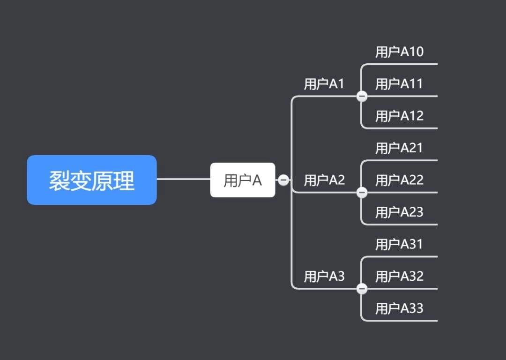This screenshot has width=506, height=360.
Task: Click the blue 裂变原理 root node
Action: coord(91,180)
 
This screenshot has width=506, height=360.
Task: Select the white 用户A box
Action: coord(242,180)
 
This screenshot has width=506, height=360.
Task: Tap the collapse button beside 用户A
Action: coord(283,180)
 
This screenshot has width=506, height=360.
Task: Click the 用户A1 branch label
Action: coord(324,84)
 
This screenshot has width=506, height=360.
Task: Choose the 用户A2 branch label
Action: coord(324,180)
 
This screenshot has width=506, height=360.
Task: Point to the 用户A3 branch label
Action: coord(324,277)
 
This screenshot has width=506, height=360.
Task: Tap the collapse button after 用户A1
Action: coord(362,97)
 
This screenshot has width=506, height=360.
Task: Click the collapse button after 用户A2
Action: coord(362,193)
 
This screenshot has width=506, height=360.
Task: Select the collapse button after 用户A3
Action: coord(362,289)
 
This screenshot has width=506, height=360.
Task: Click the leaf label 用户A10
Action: coord(399,52)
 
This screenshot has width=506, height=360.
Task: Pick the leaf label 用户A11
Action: coord(399,84)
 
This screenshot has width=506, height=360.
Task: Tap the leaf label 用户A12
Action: coord(399,116)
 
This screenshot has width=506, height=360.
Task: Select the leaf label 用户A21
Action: coord(399,148)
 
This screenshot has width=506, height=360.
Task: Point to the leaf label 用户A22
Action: coord(399,180)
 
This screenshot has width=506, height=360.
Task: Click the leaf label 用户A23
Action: coord(399,212)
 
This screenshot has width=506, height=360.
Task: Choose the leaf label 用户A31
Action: coord(399,244)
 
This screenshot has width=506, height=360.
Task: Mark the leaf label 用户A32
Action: coord(399,277)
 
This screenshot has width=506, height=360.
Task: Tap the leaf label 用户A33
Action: coord(399,308)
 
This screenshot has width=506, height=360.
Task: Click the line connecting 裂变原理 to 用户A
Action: coord(183,179)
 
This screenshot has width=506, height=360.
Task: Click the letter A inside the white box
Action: coord(257,180)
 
